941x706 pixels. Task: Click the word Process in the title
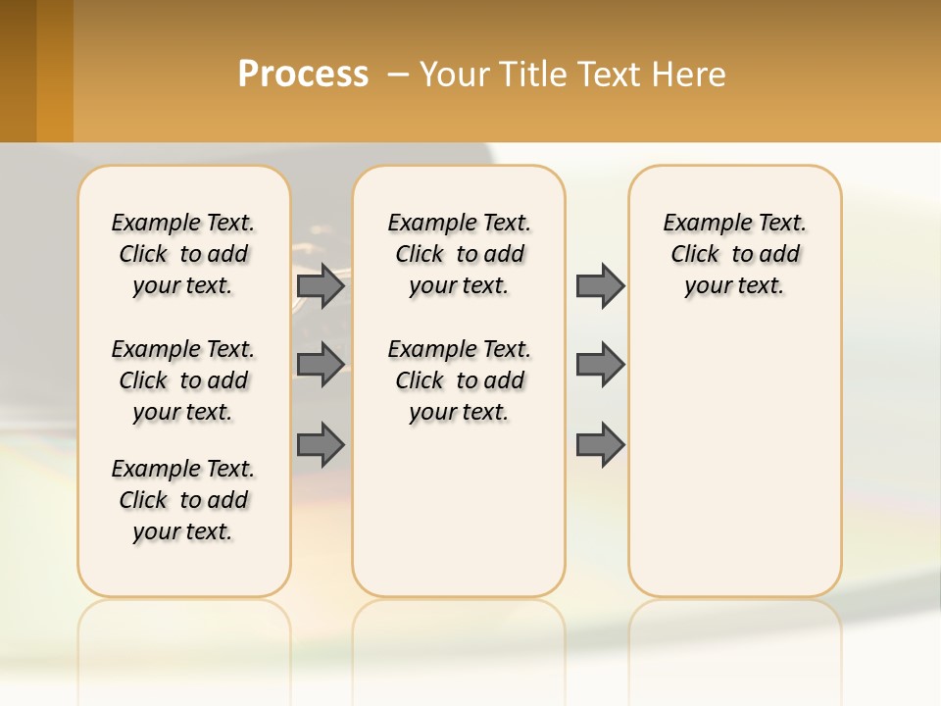click(303, 75)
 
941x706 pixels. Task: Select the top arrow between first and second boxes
click(321, 286)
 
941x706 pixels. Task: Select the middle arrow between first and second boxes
click(321, 365)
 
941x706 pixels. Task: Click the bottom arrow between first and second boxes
click(321, 445)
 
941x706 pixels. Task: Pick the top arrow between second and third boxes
click(600, 286)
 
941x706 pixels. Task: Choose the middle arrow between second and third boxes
click(600, 365)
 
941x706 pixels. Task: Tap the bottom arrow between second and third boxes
click(600, 445)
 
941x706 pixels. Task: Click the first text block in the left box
click(183, 254)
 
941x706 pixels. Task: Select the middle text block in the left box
click(183, 380)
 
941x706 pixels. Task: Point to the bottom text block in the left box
click(183, 500)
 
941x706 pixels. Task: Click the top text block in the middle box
click(460, 254)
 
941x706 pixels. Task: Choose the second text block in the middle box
click(460, 380)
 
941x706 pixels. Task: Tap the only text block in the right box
click(735, 254)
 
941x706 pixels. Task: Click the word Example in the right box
click(699, 224)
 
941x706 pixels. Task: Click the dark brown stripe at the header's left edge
click(18, 71)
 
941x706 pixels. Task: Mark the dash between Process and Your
click(399, 76)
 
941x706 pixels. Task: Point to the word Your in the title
click(454, 75)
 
